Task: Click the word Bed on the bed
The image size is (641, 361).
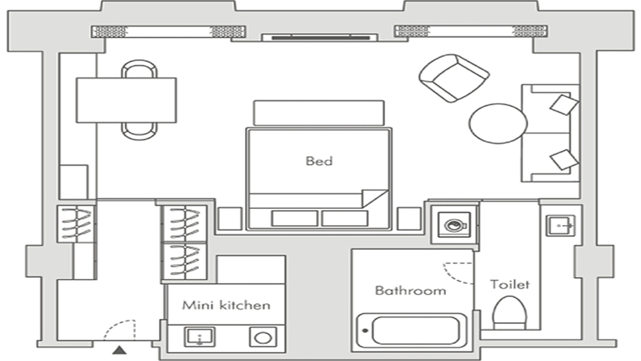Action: coord(319,161)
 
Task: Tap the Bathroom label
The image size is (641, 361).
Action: coord(411,290)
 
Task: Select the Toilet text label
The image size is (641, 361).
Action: coord(510,284)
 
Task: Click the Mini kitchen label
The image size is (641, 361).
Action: coord(226,305)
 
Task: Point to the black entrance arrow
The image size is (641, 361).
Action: coord(120,350)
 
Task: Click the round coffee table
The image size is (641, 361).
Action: coord(498,124)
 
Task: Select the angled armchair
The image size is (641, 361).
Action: coord(454,78)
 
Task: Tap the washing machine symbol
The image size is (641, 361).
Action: coord(454,225)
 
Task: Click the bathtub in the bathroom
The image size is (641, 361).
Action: coord(412,331)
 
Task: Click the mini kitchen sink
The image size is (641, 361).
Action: coord(200,337)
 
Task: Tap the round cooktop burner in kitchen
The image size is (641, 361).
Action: coord(263,337)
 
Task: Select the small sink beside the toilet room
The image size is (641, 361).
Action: coord(561,226)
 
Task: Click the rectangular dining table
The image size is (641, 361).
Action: coord(126,100)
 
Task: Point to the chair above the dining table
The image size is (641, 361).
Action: coord(139,69)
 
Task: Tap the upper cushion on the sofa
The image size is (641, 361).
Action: coord(564,104)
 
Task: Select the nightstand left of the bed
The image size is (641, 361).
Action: coord(230,219)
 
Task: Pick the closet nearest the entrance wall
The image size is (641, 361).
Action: coord(76,224)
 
